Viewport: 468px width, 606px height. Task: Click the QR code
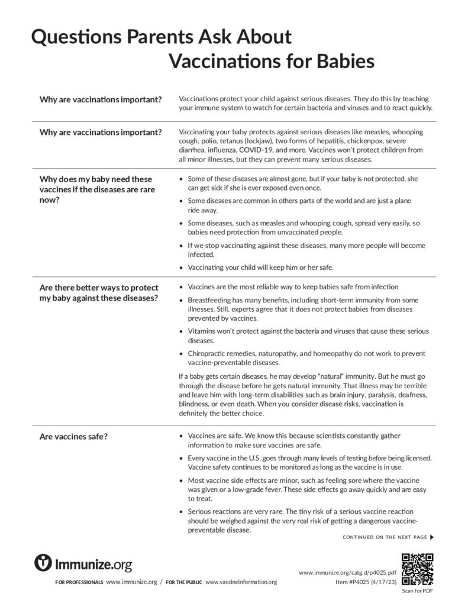tap(418, 568)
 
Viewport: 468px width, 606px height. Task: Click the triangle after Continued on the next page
tap(433, 537)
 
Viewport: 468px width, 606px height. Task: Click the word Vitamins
tap(202, 331)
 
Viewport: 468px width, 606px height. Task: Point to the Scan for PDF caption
tap(418, 591)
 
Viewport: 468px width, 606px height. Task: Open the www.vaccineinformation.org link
tap(241, 582)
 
